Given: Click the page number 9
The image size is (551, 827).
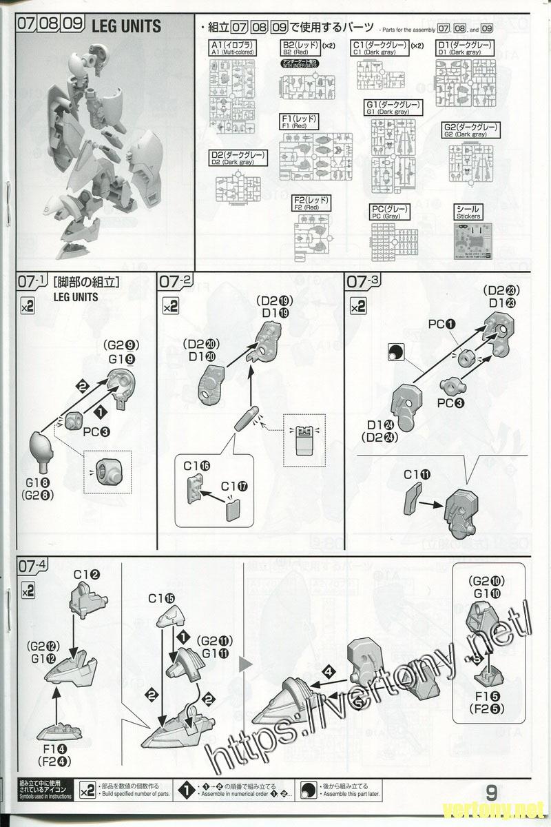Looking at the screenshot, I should pyautogui.click(x=492, y=792).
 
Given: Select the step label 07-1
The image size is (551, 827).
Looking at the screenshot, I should pyautogui.click(x=32, y=282).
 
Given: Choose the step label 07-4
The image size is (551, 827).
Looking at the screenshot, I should pyautogui.click(x=32, y=567).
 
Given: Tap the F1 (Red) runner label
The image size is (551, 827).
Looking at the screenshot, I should pyautogui.click(x=300, y=122).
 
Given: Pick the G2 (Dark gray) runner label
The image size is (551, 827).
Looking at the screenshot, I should pyautogui.click(x=470, y=130).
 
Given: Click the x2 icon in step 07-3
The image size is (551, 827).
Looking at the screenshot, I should pyautogui.click(x=358, y=306).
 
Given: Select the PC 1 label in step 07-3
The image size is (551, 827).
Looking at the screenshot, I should pyautogui.click(x=442, y=323).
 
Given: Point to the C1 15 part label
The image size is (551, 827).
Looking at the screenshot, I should pyautogui.click(x=161, y=598).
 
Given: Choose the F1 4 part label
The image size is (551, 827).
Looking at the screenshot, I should pyautogui.click(x=57, y=749).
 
